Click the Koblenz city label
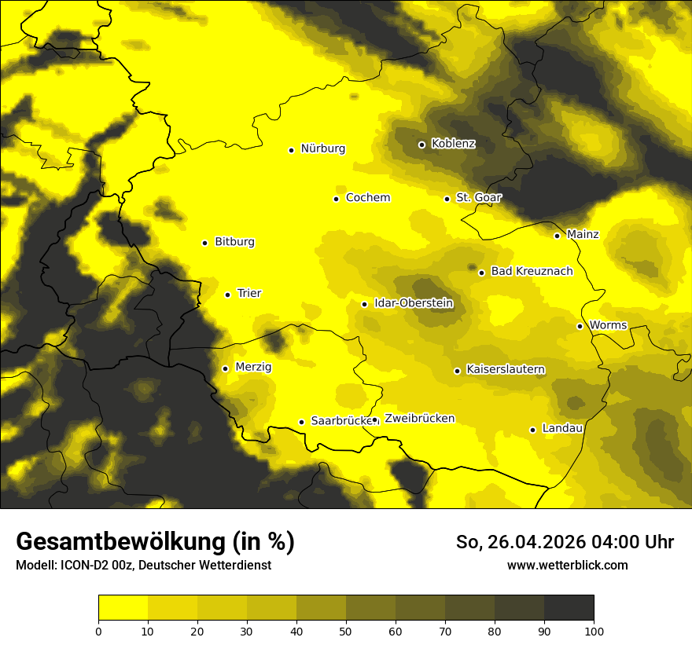[454, 144]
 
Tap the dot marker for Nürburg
[292, 150]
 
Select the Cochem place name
[368, 198]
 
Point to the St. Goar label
[478, 198]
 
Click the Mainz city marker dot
[557, 236]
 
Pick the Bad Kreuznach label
[532, 272]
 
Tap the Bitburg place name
[234, 242]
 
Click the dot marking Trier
[228, 295]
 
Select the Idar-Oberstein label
[414, 303]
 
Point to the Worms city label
[608, 325]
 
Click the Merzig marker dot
[225, 368]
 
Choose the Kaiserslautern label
[506, 370]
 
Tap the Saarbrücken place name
[341, 421]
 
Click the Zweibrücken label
[419, 419]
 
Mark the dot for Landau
[532, 430]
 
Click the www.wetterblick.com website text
[568, 566]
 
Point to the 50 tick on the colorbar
[346, 631]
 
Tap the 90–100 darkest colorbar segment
[569, 607]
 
